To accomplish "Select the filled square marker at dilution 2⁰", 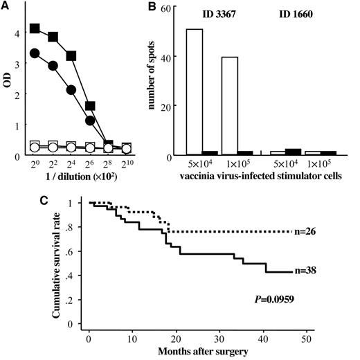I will pyautogui.click(x=35, y=28).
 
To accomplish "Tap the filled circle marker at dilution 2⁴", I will pyautogui.click(x=70, y=89).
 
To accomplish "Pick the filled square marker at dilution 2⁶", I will pyautogui.click(x=89, y=106).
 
